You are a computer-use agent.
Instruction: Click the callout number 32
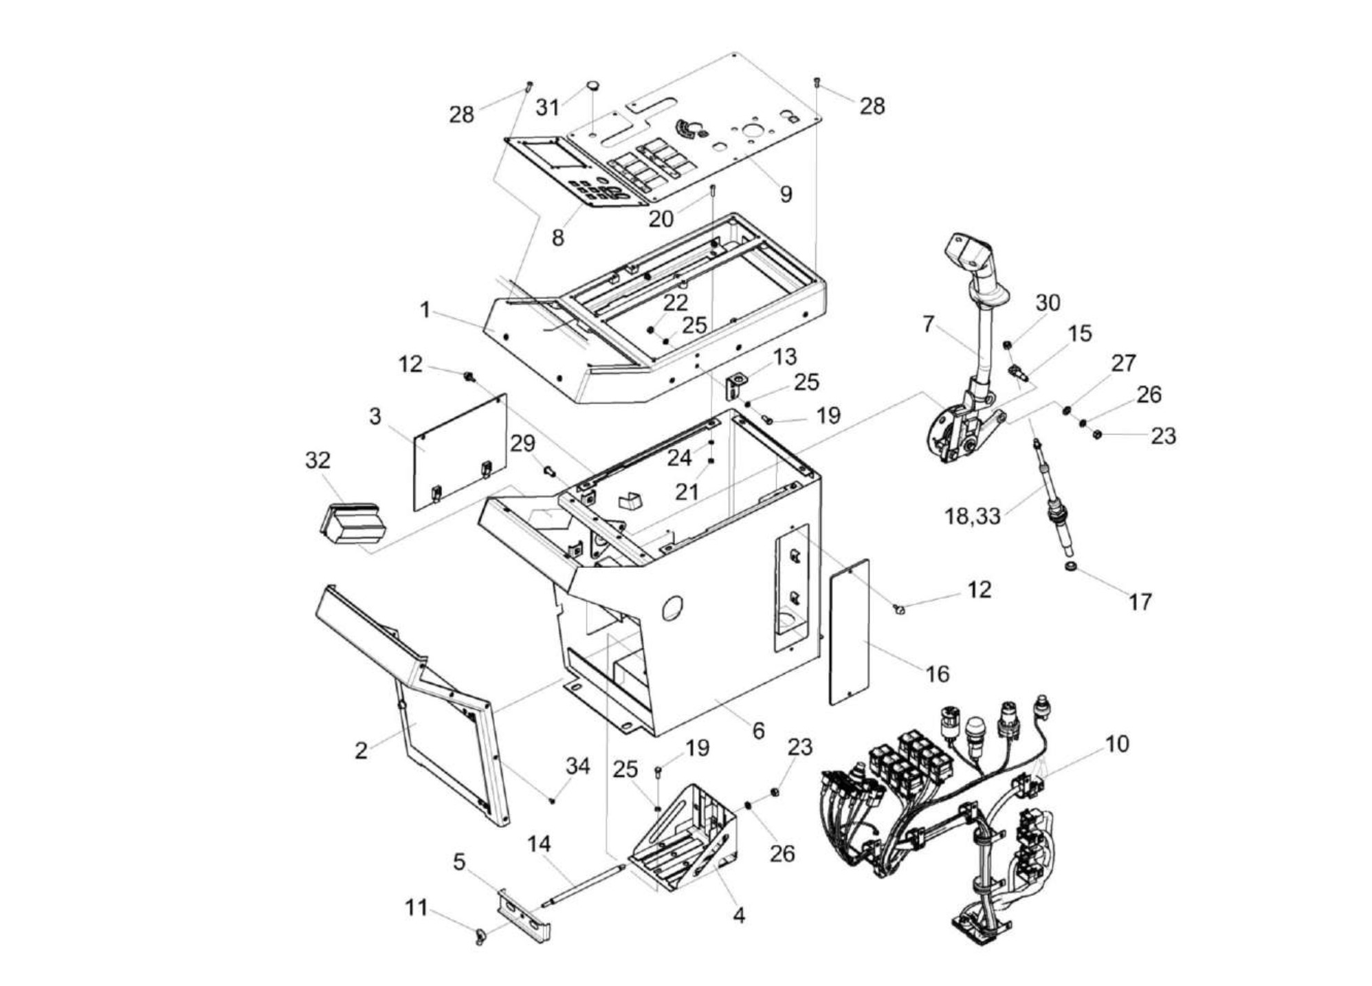tap(317, 460)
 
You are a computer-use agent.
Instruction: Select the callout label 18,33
tap(972, 515)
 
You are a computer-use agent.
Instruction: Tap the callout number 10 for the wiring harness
tap(1117, 743)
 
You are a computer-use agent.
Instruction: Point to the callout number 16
tap(938, 673)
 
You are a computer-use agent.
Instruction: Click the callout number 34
tap(577, 766)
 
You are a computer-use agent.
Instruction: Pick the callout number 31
tap(547, 107)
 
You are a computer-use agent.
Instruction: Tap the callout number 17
tap(1140, 602)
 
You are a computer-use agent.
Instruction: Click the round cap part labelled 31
tap(593, 86)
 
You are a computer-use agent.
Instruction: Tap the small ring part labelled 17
tap(1070, 567)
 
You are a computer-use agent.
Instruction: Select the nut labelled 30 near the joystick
tap(1007, 344)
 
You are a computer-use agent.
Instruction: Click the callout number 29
tap(522, 443)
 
